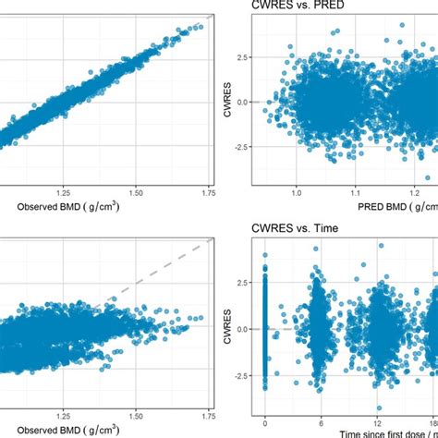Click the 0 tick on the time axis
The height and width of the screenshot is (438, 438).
pyautogui.click(x=265, y=420)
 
